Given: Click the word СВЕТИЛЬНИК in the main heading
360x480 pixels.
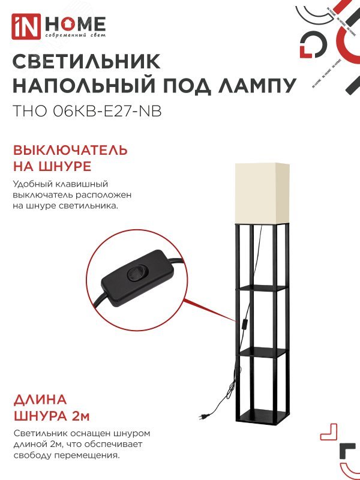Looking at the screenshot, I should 86,62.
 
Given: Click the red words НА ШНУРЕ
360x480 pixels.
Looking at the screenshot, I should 52,166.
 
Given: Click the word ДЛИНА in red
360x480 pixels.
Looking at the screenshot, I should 40,400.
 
